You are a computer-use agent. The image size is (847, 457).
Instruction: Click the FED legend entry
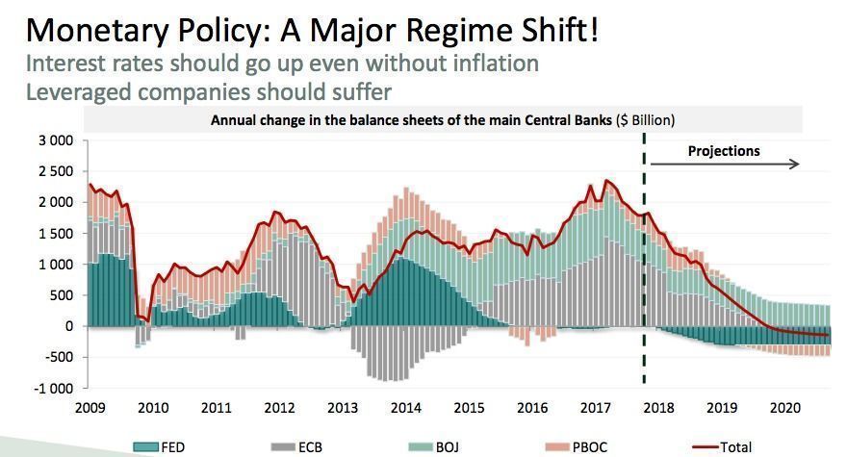(160, 447)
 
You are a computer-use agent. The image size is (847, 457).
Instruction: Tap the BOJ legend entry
(434, 447)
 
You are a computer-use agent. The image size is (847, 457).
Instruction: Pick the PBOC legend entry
(577, 447)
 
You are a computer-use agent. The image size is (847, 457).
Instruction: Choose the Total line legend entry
(722, 447)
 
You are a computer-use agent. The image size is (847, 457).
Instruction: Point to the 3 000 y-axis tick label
(56, 140)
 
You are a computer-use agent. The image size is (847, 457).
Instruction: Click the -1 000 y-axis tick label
(53, 389)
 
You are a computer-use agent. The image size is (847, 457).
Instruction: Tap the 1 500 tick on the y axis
(56, 234)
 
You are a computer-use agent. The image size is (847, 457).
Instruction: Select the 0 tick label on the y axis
(68, 326)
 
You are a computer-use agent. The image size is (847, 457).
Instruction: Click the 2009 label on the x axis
(90, 408)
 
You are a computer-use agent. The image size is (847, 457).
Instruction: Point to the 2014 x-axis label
(405, 408)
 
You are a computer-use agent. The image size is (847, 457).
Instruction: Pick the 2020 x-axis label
(784, 408)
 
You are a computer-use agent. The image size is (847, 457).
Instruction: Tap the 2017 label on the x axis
(595, 408)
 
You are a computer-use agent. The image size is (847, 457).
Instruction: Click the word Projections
(724, 151)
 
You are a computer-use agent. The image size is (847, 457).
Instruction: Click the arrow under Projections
(725, 164)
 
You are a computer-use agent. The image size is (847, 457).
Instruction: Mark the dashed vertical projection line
(644, 258)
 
